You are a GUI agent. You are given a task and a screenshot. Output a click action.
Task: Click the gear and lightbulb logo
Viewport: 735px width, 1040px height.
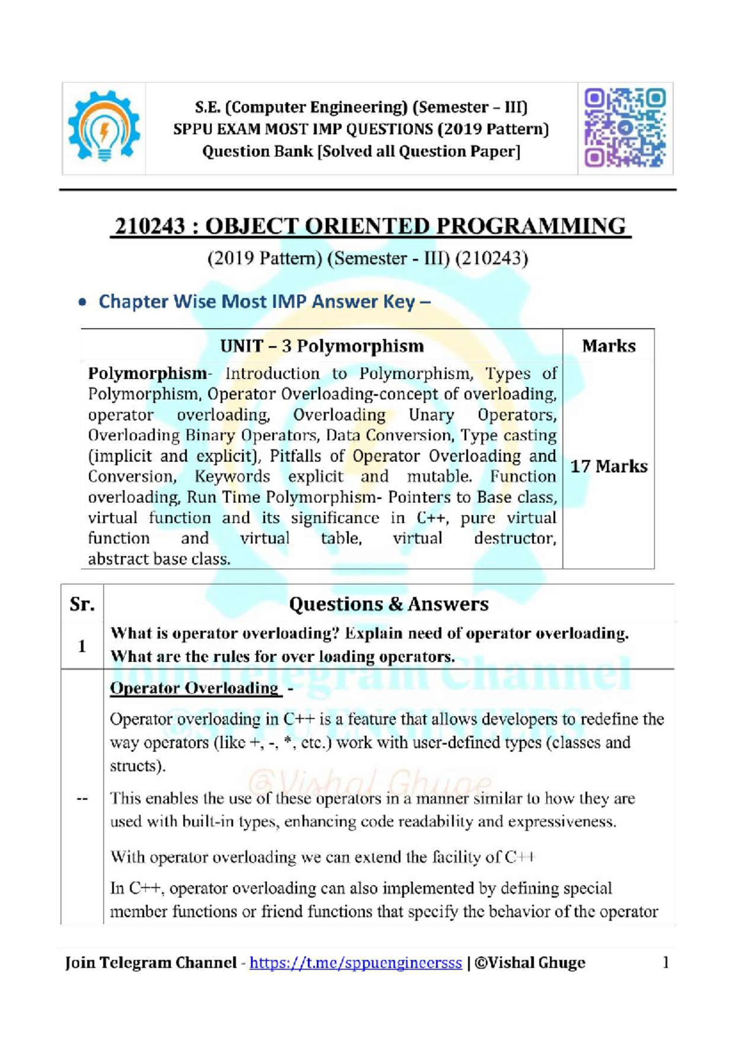(x=104, y=127)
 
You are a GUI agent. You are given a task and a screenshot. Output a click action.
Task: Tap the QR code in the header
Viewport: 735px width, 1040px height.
(x=625, y=128)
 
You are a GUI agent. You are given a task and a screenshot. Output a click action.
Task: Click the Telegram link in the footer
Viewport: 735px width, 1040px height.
(x=355, y=963)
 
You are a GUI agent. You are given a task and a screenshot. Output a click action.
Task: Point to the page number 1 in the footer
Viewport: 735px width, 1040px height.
(x=666, y=962)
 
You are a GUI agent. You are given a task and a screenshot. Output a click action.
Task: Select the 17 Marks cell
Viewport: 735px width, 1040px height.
(x=608, y=466)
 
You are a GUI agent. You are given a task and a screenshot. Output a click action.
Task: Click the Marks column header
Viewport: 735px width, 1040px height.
(x=608, y=346)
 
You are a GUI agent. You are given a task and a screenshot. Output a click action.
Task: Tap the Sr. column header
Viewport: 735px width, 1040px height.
(x=82, y=605)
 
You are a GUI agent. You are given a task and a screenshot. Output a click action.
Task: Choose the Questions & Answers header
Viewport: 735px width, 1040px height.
(x=388, y=605)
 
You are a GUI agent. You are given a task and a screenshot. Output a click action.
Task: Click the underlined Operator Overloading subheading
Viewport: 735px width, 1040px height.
(x=194, y=688)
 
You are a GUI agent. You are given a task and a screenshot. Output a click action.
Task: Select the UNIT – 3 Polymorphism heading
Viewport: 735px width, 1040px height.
(x=322, y=346)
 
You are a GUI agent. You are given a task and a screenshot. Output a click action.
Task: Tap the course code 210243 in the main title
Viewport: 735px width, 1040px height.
(x=150, y=227)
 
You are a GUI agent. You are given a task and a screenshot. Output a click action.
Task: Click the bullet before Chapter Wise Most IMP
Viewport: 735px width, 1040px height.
(x=82, y=303)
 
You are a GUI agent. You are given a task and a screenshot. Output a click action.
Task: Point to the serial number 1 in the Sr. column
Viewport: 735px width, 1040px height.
(x=82, y=646)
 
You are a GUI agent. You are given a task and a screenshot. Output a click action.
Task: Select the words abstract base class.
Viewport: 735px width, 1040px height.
(x=159, y=559)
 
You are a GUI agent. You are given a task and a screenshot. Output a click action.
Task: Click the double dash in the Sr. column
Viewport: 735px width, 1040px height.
(x=82, y=799)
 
